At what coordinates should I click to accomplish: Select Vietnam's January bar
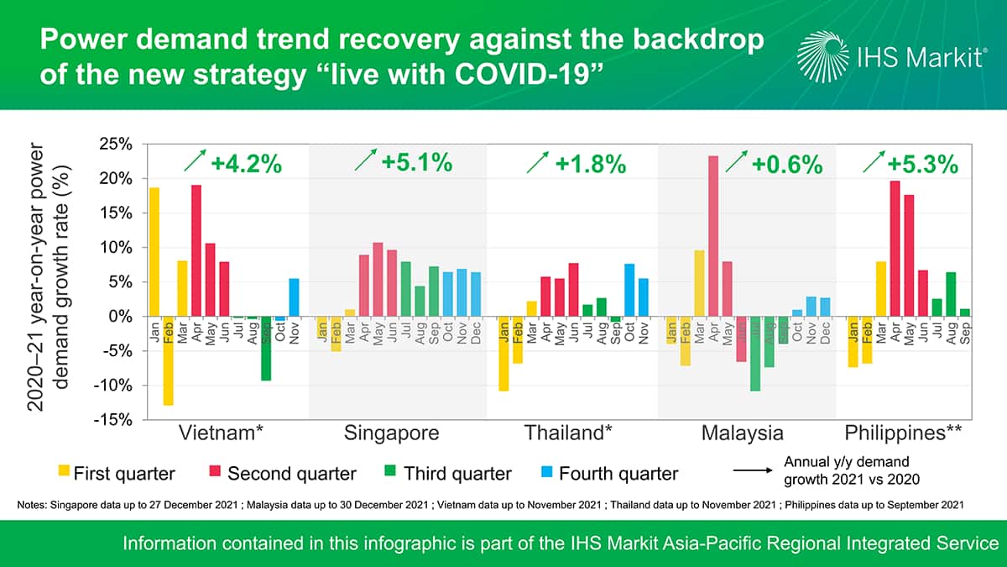154,251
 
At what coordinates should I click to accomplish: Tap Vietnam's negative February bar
168,360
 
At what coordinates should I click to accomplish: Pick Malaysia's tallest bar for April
713,236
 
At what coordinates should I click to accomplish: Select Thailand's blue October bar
629,290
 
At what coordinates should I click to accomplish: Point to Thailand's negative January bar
503,354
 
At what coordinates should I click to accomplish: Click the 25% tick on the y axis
114,144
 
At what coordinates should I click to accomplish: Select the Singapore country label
391,434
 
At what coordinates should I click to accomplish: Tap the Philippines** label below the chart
903,434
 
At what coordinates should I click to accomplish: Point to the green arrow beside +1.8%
538,163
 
